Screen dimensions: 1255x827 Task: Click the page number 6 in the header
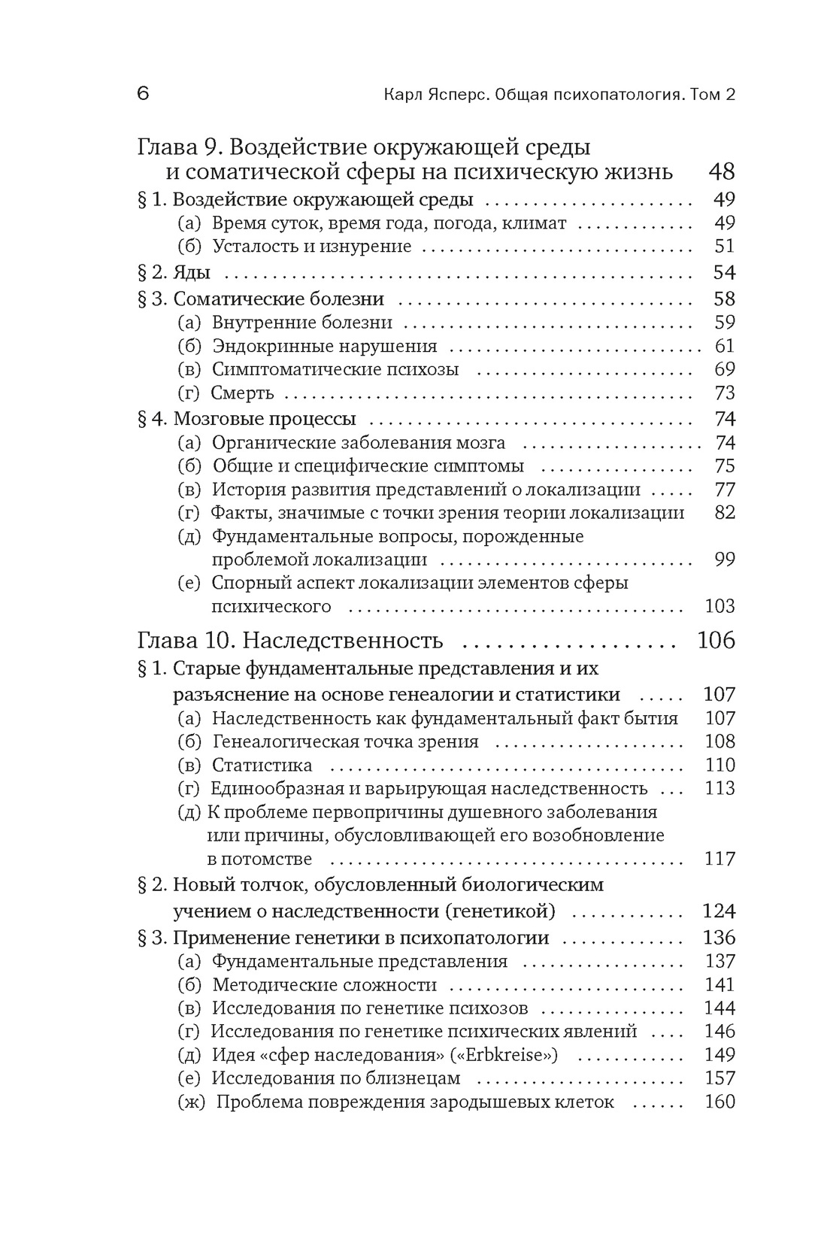[x=144, y=94]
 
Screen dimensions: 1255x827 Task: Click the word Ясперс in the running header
[x=459, y=95]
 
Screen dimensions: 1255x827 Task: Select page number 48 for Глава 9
[x=721, y=171]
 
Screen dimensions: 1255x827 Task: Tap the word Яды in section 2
[x=192, y=272]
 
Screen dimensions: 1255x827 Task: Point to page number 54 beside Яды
[x=724, y=272]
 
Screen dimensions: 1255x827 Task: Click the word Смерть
[x=242, y=393]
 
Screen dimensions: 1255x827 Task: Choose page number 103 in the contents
[x=719, y=606]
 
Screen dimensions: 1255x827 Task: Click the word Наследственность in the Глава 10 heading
[x=344, y=641]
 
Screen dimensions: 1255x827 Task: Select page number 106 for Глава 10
[x=716, y=641]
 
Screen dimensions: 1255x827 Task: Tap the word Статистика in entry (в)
[x=262, y=765]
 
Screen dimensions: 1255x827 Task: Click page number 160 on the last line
[x=719, y=1102]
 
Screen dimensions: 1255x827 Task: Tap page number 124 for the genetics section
[x=719, y=911]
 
